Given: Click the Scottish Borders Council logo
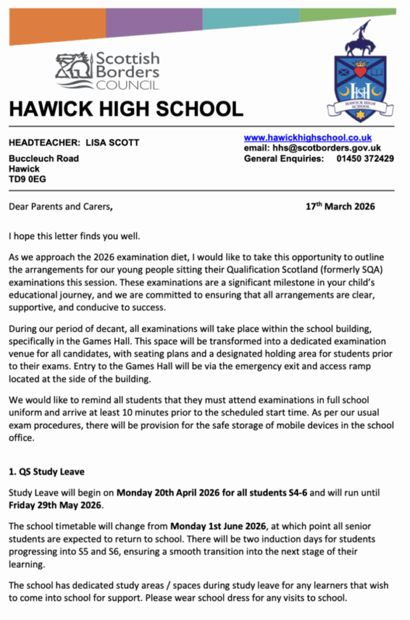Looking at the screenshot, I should [108, 70].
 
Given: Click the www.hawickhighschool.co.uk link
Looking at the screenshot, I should [308, 138].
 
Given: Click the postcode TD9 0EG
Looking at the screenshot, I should [27, 179].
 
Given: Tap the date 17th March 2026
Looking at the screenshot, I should [340, 206].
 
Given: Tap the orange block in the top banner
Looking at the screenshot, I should [57, 25].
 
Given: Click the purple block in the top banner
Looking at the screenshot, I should [154, 22].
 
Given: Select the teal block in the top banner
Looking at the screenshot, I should [250, 18].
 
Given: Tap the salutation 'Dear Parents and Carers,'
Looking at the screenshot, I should [60, 206].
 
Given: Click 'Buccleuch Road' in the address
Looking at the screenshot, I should [44, 159].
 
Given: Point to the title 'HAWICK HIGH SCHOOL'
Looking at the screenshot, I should [126, 110].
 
